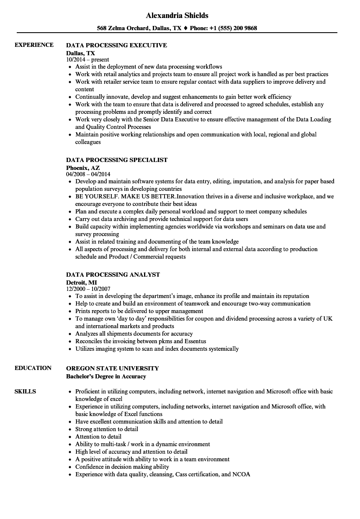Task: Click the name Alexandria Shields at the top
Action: tap(177, 15)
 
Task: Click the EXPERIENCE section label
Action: tap(34, 45)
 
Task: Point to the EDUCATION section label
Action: tap(33, 368)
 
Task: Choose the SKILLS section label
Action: tap(25, 391)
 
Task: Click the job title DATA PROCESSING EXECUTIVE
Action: tap(116, 45)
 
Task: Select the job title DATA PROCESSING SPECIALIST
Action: tap(117, 160)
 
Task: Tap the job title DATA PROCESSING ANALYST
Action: tap(113, 275)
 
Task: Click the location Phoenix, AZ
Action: tap(83, 168)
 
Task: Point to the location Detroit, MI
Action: tap(82, 283)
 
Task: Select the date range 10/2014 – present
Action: tap(87, 60)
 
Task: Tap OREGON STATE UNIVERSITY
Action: tap(113, 368)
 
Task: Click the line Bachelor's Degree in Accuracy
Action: tap(106, 376)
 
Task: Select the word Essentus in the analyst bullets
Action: tap(194, 341)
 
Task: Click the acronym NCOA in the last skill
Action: tap(242, 474)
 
